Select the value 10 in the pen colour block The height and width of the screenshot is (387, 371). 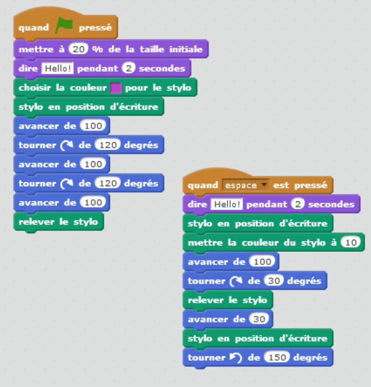point(350,242)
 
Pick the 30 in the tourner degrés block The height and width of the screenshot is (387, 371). point(273,281)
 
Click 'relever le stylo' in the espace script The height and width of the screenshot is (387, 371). point(227,300)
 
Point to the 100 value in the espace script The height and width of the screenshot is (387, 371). point(263,262)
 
